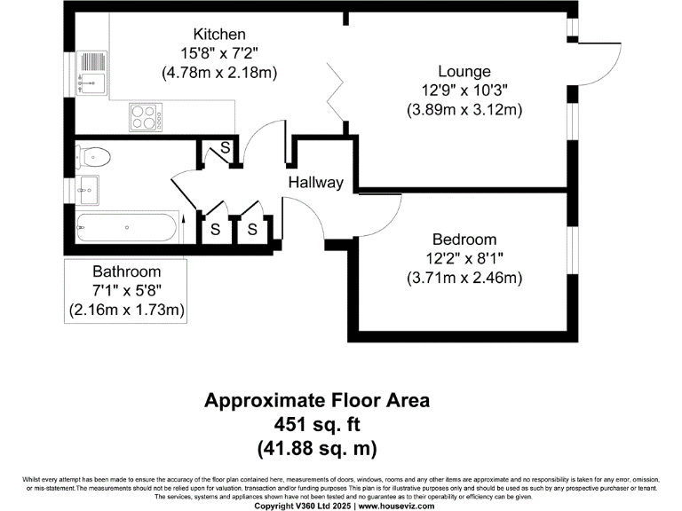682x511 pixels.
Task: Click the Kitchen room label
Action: (x=219, y=34)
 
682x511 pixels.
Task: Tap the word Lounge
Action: (x=464, y=71)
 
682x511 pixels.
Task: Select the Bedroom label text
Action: (x=464, y=240)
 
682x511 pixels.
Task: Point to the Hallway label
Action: (x=316, y=182)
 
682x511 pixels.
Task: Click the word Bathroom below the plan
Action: (x=127, y=271)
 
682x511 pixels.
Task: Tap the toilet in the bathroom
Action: (x=93, y=157)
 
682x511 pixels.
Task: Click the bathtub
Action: (x=127, y=228)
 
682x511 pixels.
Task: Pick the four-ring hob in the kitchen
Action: (x=146, y=117)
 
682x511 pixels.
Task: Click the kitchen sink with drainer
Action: (x=91, y=73)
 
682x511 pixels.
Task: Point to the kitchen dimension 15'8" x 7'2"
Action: (x=219, y=53)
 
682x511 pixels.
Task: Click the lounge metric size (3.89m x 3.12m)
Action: (x=464, y=109)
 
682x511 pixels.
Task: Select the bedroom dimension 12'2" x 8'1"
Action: (x=464, y=258)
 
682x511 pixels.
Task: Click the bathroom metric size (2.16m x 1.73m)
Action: (x=127, y=310)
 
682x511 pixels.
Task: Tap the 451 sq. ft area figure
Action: (x=317, y=424)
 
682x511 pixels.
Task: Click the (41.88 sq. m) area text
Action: (x=317, y=448)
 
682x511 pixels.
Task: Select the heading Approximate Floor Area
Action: (x=317, y=400)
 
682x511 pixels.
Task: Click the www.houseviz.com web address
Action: (x=396, y=507)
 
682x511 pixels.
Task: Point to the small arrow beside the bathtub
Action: (x=183, y=229)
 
